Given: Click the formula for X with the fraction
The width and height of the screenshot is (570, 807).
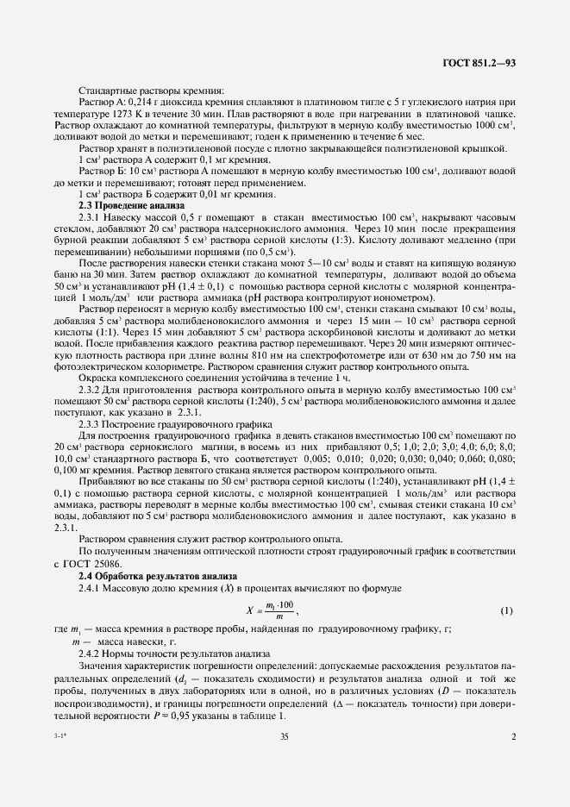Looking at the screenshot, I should click(268, 610).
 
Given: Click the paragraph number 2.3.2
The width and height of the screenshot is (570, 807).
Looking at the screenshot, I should click(92, 391).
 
